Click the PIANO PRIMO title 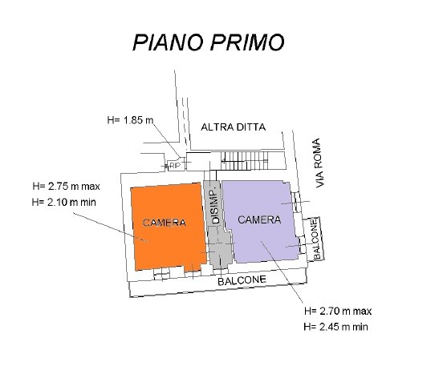[209, 42]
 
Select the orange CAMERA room [169, 227]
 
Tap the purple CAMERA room [259, 221]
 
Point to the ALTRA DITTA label [234, 127]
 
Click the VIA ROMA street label [319, 163]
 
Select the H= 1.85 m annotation [130, 120]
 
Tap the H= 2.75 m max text [66, 187]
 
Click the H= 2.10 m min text [64, 202]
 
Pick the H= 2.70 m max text [338, 311]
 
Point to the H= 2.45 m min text [335, 327]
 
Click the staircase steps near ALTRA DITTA [244, 161]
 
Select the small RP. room [175, 166]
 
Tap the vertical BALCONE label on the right [315, 239]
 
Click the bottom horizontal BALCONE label [242, 280]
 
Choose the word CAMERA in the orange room [164, 223]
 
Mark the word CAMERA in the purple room [259, 220]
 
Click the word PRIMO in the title [247, 42]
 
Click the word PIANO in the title [168, 42]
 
